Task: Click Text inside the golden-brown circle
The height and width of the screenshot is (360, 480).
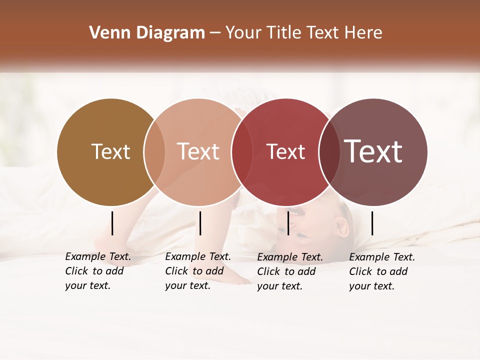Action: click(x=110, y=151)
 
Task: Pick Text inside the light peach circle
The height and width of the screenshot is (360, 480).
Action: click(x=198, y=151)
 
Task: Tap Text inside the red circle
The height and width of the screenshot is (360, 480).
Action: click(x=285, y=151)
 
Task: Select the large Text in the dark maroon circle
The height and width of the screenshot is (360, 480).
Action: click(x=373, y=151)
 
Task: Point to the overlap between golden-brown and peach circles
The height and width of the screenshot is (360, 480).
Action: click(x=154, y=151)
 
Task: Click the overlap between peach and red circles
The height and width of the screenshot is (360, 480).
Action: click(x=241, y=151)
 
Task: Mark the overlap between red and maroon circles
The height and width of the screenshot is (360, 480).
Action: click(x=329, y=151)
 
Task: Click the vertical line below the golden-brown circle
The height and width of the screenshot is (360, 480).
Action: click(x=112, y=223)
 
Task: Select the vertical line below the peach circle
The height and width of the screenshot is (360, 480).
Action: click(x=200, y=223)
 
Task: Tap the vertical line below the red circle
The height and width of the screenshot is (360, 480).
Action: click(x=288, y=223)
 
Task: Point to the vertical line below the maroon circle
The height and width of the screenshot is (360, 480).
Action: click(x=372, y=223)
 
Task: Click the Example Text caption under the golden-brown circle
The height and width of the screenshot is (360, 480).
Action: click(x=98, y=271)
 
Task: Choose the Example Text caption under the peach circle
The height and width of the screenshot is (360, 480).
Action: click(x=198, y=271)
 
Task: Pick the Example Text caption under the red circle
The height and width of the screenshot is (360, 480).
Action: click(x=290, y=271)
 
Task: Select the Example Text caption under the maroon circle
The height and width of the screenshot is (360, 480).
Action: click(x=382, y=271)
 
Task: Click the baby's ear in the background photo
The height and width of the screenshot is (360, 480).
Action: click(x=342, y=228)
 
